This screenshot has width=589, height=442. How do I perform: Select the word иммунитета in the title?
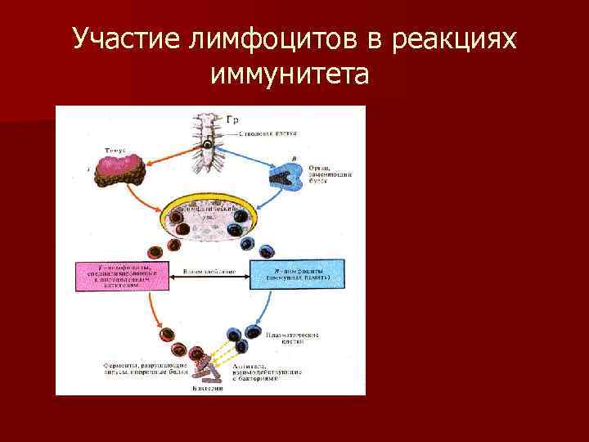tap(290, 74)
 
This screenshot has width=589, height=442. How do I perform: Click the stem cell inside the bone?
tap(209, 147)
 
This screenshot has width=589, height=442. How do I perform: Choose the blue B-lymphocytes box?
tap(296, 275)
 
